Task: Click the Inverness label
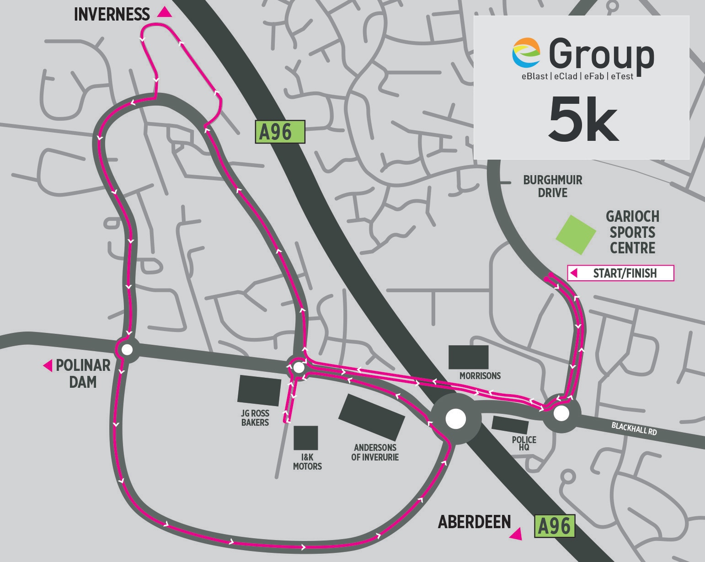(112, 15)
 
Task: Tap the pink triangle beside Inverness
(165, 12)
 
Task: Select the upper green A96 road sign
(280, 132)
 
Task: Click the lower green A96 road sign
(555, 526)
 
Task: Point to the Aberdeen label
(474, 522)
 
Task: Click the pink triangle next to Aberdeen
(516, 534)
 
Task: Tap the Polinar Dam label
(83, 373)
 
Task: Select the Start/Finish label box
(620, 273)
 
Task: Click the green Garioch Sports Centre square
(576, 235)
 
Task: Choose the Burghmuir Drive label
(552, 186)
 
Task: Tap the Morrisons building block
(468, 357)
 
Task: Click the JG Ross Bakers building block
(259, 391)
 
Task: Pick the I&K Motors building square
(305, 438)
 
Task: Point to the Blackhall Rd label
(634, 428)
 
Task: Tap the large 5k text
(583, 119)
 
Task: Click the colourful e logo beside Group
(526, 53)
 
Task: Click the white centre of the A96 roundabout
(455, 419)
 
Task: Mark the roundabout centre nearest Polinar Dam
(127, 350)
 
